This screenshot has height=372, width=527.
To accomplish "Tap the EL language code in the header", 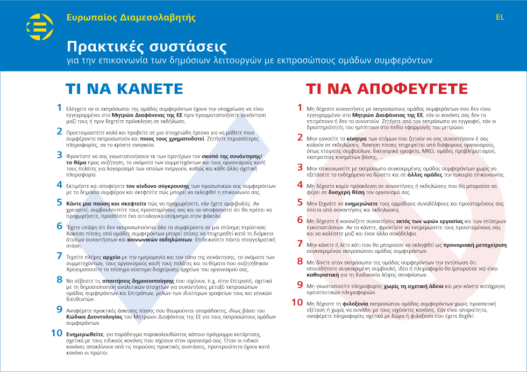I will (500, 17).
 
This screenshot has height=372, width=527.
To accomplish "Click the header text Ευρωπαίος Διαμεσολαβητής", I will (131, 17).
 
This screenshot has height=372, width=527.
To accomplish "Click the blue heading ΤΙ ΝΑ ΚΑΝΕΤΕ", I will (124, 89).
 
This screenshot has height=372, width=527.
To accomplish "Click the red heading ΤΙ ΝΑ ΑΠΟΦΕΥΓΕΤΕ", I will (387, 89).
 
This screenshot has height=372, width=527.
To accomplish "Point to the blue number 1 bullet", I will (59, 107).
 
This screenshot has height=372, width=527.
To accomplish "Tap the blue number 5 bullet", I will (59, 202).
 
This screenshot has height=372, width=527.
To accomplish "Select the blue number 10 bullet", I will (57, 333).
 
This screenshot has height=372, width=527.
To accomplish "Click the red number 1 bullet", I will (300, 107).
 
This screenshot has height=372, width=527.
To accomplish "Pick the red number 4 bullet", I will (300, 184).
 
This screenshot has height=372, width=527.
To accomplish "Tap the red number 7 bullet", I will (300, 244).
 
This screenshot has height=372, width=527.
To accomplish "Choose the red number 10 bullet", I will (297, 302).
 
